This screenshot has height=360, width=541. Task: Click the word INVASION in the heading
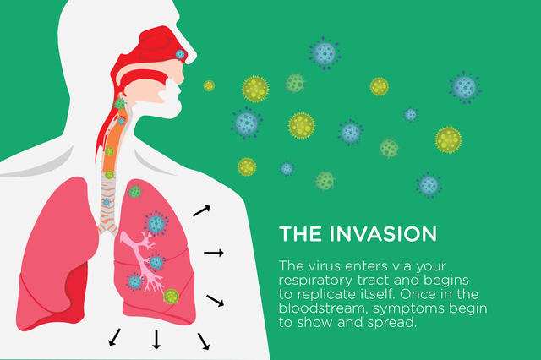click(383, 234)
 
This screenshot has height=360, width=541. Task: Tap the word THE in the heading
click(300, 234)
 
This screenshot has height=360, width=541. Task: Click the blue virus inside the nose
click(180, 54)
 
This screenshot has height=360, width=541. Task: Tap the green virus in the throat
click(119, 103)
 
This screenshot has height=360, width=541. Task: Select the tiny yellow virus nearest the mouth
click(209, 85)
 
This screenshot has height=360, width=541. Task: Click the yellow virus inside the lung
click(171, 297)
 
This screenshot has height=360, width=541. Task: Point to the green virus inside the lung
click(134, 191)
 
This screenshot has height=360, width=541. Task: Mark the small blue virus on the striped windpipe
click(107, 202)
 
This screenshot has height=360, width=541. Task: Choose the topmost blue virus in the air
click(325, 53)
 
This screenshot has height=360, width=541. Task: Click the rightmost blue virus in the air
click(465, 87)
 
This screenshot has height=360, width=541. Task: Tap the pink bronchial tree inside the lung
click(143, 260)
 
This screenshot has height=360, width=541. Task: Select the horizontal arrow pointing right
click(214, 254)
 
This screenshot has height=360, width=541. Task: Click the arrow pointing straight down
click(156, 340)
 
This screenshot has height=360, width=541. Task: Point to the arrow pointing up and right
click(201, 210)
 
